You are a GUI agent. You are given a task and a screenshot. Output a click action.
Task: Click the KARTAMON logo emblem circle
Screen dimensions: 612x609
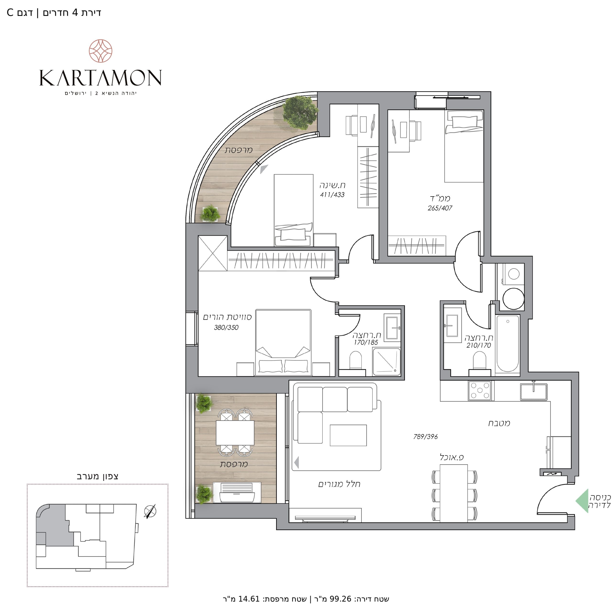[x=100, y=51]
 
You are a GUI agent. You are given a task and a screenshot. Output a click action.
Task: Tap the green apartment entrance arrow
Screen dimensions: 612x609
[x=582, y=500]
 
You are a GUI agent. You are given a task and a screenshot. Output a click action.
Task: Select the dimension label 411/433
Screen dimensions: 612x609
[x=332, y=195]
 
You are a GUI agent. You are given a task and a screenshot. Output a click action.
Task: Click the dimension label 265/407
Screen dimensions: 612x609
[x=440, y=208]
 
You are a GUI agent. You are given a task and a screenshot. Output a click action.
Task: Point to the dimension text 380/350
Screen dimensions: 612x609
[x=226, y=328]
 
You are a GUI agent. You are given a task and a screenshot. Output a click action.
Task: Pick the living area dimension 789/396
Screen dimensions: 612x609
[x=426, y=437]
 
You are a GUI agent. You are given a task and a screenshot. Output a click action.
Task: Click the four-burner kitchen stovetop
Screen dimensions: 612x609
[x=480, y=390]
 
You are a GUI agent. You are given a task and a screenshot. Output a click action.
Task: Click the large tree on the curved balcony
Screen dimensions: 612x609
[x=300, y=113]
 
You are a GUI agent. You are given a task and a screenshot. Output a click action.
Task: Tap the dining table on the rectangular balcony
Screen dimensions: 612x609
[x=235, y=432]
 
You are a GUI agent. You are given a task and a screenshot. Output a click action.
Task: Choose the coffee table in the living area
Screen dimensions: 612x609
[x=348, y=435]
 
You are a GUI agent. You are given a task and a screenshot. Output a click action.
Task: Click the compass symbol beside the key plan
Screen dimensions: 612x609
[x=150, y=511]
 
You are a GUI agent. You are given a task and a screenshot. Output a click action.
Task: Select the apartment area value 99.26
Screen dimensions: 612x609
[x=340, y=599]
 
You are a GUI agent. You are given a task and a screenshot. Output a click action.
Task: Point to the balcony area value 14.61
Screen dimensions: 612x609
[x=249, y=599]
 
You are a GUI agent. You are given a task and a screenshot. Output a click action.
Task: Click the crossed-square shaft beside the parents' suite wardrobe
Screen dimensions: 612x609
[x=213, y=253]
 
